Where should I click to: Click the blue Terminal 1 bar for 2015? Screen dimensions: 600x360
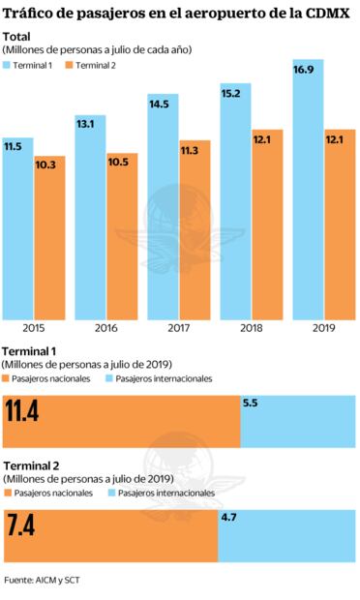[18, 232]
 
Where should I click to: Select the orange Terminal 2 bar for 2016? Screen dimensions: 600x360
[122, 237]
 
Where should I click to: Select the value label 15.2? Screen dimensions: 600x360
[234, 94]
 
